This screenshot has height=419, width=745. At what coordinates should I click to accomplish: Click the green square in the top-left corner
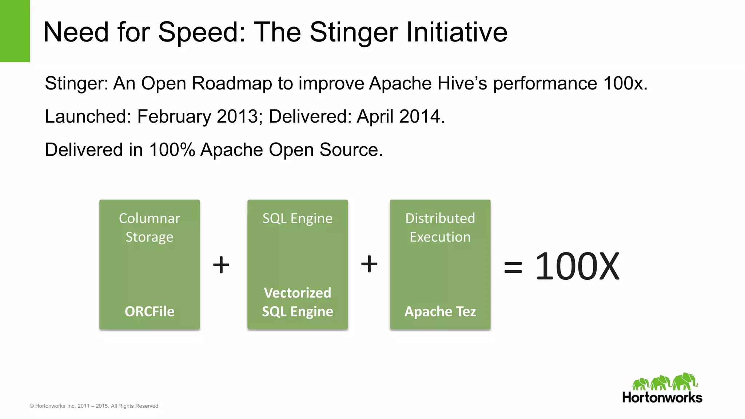click(15, 31)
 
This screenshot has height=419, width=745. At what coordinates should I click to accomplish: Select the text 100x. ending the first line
click(625, 83)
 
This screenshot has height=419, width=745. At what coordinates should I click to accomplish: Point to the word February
click(174, 117)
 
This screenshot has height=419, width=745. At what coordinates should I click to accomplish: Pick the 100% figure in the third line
click(172, 150)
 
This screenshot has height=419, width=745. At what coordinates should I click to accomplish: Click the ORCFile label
click(150, 312)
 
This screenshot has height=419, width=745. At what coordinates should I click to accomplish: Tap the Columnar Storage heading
click(150, 228)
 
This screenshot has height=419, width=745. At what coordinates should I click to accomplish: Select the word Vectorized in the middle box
click(298, 293)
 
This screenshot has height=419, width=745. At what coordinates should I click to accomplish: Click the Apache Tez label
click(440, 312)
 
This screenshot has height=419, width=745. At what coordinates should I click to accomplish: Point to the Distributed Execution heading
click(440, 228)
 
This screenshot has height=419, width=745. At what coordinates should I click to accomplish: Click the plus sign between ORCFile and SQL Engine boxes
click(221, 264)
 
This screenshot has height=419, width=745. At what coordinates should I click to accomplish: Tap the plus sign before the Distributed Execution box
click(369, 264)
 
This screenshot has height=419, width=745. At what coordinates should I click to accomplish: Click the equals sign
click(513, 268)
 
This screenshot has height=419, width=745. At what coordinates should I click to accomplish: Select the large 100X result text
click(577, 267)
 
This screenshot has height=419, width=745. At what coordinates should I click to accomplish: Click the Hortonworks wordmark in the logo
click(662, 398)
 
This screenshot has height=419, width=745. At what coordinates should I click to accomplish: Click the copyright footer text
click(94, 406)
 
